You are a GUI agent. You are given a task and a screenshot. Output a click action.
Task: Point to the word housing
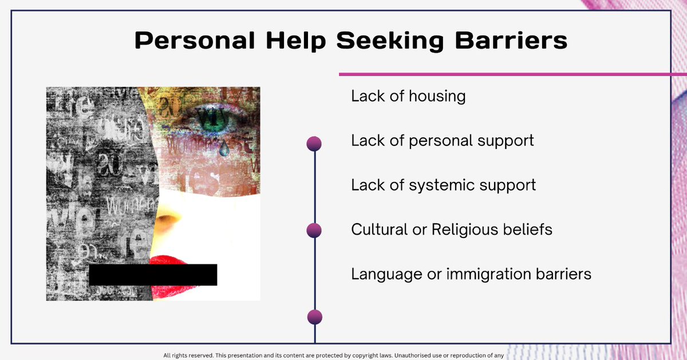[x=437, y=96]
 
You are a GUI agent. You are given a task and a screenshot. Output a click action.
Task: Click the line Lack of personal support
[x=442, y=140]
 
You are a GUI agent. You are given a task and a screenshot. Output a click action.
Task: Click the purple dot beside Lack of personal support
[x=314, y=143]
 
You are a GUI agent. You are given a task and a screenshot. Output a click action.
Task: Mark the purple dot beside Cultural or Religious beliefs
[x=314, y=230]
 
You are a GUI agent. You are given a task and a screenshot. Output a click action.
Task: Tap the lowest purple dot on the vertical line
[x=314, y=317]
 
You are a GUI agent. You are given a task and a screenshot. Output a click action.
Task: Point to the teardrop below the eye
[x=224, y=149]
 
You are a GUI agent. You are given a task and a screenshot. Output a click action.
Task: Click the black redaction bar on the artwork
[x=153, y=275]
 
